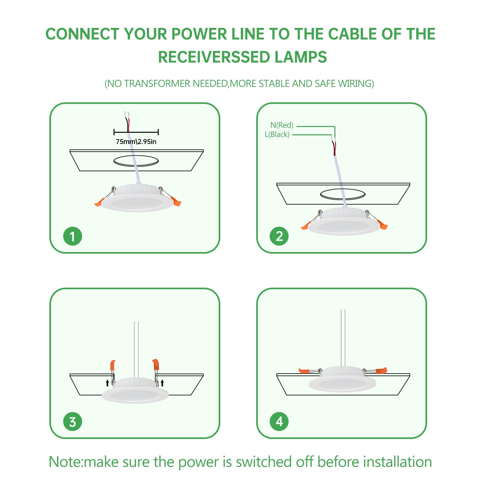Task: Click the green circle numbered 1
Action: [72, 236]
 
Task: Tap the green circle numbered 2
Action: [279, 236]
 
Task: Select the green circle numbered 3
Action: [72, 422]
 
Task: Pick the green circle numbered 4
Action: [279, 422]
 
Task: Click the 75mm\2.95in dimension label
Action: [136, 142]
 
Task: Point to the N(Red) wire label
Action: [282, 125]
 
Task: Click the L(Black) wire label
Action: [277, 134]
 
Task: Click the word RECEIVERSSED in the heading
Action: [210, 57]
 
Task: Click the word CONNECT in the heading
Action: [82, 34]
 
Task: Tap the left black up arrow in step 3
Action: [107, 383]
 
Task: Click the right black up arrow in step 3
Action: [162, 383]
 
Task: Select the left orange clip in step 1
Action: [99, 202]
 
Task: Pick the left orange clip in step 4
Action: [304, 371]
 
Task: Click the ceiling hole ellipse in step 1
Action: [136, 161]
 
